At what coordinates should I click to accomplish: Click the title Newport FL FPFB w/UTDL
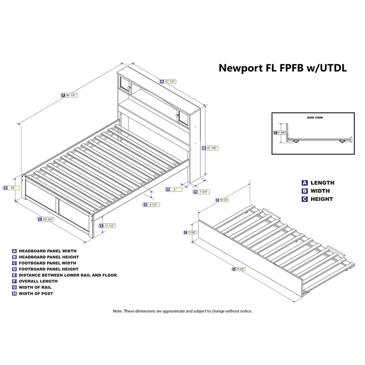(x=283, y=68)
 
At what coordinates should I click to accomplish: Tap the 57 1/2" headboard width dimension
(x=170, y=81)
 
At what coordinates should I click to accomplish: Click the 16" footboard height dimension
(x=12, y=188)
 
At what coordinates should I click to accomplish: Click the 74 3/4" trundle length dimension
(x=239, y=269)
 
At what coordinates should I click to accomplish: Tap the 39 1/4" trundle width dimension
(x=224, y=200)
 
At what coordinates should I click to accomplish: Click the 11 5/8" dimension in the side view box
(x=281, y=133)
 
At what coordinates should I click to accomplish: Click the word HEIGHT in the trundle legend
(x=322, y=199)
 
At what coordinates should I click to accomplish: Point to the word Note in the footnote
(x=118, y=311)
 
